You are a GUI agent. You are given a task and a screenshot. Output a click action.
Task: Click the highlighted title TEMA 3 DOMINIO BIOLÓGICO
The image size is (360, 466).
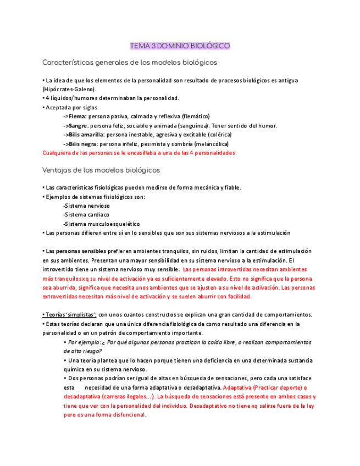(x=180, y=46)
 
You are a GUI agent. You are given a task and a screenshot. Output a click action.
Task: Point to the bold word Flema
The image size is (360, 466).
(x=77, y=116)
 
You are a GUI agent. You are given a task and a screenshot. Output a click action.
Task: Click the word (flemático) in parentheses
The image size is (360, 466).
(x=192, y=116)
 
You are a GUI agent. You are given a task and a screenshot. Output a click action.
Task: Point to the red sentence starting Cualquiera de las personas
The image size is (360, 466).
(x=139, y=153)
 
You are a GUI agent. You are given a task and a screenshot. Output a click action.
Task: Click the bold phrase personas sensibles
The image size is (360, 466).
(x=80, y=251)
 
